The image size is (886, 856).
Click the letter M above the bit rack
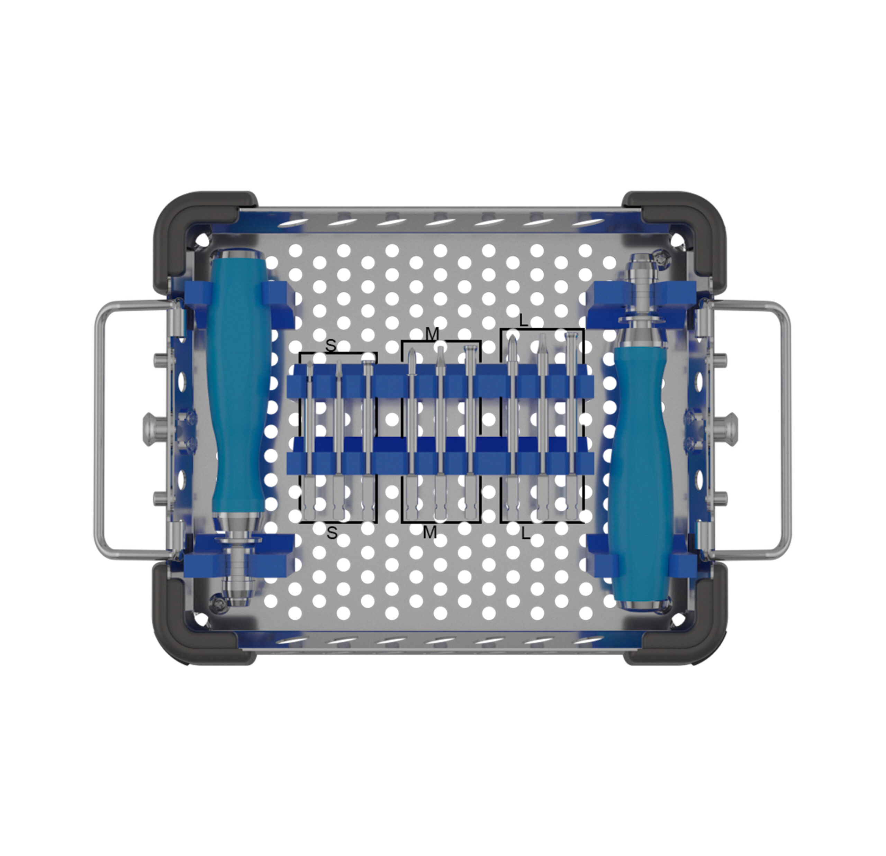433,335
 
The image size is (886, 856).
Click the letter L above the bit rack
523,321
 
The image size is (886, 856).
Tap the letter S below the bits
332,533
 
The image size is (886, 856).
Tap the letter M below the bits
430,533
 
